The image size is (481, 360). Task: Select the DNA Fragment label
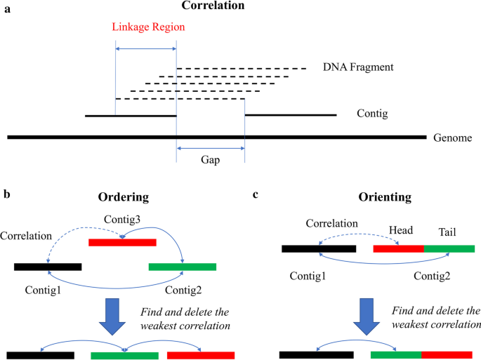[357, 67]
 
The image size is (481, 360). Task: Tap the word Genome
[452, 138]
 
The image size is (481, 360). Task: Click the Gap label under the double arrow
[210, 160]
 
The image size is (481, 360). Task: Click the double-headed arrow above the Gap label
[210, 148]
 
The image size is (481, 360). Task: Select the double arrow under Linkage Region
[146, 48]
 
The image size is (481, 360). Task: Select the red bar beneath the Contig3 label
[122, 243]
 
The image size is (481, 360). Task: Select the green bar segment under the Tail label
[449, 248]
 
